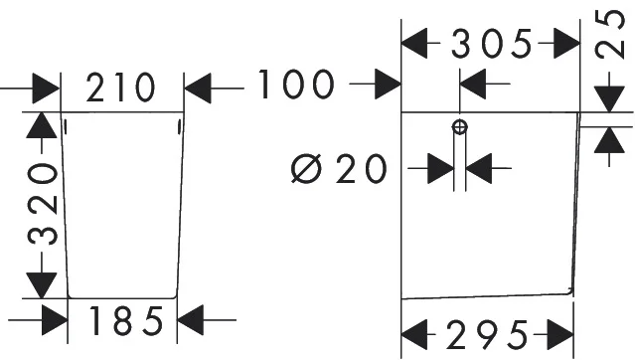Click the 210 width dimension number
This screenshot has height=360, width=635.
click(120, 88)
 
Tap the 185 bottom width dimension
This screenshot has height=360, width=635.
click(126, 320)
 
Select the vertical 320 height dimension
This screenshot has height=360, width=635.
click(43, 204)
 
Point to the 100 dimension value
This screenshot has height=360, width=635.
click(296, 85)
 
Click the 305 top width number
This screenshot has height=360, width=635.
click(491, 43)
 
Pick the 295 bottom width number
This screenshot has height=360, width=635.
click(488, 335)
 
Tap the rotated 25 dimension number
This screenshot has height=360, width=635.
click(609, 34)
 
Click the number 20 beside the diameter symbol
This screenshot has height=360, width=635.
click(361, 168)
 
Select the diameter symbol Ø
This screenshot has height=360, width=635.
click(306, 168)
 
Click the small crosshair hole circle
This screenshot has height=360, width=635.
click(460, 127)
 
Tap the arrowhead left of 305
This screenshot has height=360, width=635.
click(414, 43)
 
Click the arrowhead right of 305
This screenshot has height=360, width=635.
click(567, 43)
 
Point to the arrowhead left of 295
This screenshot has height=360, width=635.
click(414, 334)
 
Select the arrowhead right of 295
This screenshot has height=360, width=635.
click(560, 334)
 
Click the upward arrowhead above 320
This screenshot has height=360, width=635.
click(42, 125)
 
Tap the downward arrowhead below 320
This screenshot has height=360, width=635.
click(42, 285)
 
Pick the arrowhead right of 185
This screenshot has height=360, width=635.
click(191, 320)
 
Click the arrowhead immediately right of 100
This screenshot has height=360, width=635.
click(388, 84)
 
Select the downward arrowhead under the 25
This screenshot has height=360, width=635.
click(609, 98)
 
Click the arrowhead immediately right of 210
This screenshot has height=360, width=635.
click(198, 88)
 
